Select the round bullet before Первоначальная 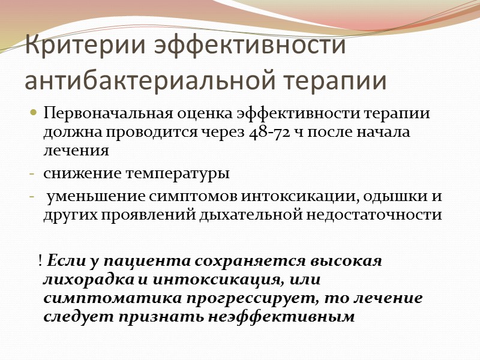[33, 113]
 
